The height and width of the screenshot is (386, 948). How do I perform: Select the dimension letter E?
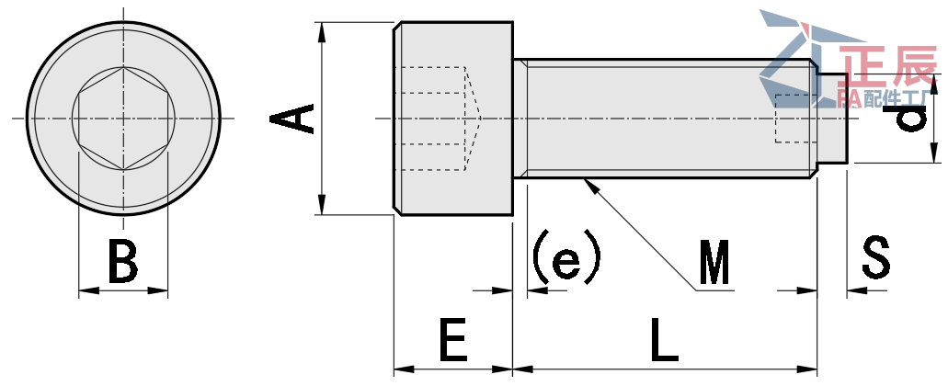point(452,341)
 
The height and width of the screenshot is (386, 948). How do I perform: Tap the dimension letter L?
point(664,341)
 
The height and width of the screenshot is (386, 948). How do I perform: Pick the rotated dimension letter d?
point(909,118)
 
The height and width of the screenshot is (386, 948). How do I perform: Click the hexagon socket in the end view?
point(123,118)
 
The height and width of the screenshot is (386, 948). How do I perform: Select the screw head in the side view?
point(453,119)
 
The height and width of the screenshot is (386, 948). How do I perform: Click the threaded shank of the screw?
point(662,119)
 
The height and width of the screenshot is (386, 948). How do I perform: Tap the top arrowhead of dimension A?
point(322,31)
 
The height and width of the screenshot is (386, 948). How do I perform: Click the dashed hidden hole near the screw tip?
point(795,119)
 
